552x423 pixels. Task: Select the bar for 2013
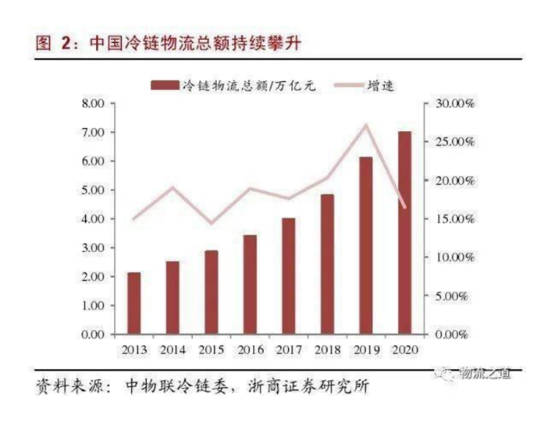point(134,303)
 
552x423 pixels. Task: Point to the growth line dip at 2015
point(211,223)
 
